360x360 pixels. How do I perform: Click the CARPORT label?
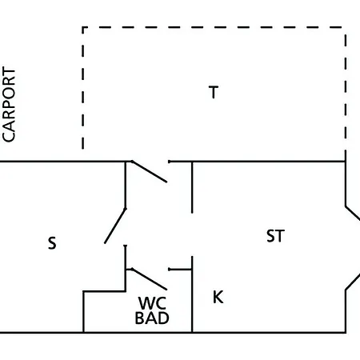click(9, 104)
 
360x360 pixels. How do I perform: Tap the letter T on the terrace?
click(214, 92)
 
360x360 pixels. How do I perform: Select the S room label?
click(52, 243)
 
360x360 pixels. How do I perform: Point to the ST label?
click(275, 236)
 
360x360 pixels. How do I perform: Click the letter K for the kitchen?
click(218, 297)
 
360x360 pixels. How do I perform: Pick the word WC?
click(152, 303)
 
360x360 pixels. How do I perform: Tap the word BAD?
click(152, 318)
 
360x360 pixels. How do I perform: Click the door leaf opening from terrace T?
click(150, 172)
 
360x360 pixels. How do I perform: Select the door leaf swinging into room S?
click(115, 226)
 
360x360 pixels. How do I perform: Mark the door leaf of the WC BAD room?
click(150, 279)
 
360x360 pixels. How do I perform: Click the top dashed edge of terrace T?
click(213, 27)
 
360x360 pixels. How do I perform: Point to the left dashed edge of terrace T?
click(83, 88)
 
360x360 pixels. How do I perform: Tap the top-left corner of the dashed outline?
click(83, 27)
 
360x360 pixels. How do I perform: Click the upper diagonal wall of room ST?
click(353, 213)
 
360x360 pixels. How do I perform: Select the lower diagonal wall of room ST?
click(353, 282)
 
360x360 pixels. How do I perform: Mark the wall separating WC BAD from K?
click(192, 294)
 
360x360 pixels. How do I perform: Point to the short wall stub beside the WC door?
click(180, 270)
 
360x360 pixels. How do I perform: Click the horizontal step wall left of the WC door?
click(104, 291)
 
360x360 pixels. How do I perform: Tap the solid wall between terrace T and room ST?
click(257, 162)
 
